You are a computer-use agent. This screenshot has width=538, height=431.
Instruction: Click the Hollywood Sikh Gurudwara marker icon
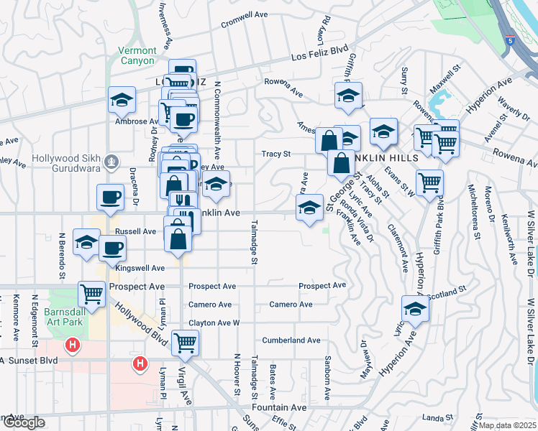pyautogui.click(x=111, y=162)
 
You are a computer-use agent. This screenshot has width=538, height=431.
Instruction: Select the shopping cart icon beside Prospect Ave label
pyautogui.click(x=92, y=293)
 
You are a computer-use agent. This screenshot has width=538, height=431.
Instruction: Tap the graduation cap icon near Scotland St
pyautogui.click(x=415, y=309)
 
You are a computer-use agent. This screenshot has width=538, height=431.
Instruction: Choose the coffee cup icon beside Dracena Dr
pyautogui.click(x=111, y=196)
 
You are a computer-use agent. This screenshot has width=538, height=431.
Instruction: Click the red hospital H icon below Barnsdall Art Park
pyautogui.click(x=72, y=346)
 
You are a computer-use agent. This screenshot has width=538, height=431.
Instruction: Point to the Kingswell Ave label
pyautogui.click(x=141, y=267)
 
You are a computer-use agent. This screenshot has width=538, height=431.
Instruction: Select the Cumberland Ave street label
pyautogui.click(x=291, y=340)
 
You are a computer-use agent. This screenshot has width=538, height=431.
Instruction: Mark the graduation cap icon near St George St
pyautogui.click(x=309, y=208)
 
